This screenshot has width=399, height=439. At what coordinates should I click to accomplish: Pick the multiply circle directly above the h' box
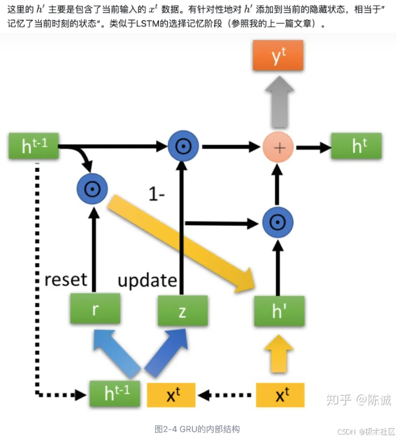(x=278, y=223)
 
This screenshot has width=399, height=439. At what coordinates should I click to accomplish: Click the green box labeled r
(x=95, y=311)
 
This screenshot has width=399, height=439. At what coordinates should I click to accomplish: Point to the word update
(x=147, y=280)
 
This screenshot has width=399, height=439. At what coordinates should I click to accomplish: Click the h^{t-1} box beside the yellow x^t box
(x=114, y=393)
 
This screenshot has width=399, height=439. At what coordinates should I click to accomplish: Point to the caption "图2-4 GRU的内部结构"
(x=197, y=429)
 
